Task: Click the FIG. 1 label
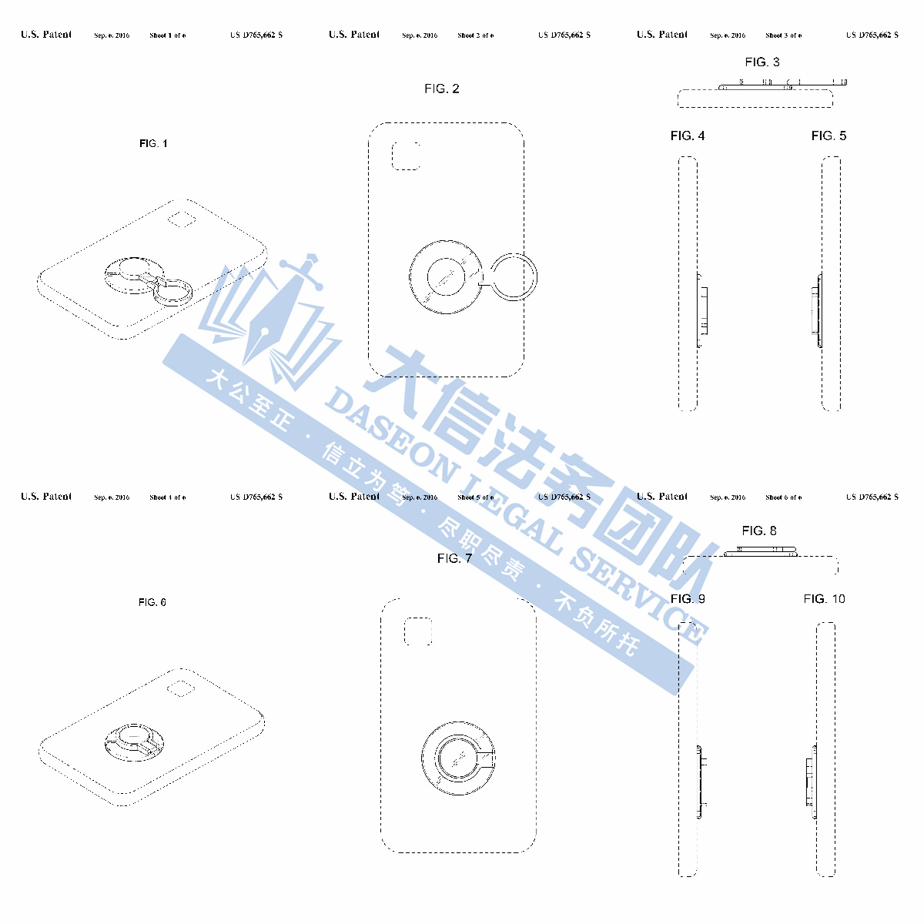[x=153, y=144]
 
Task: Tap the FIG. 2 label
[x=442, y=89]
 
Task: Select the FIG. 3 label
[x=762, y=62]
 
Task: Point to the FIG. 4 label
[x=688, y=136]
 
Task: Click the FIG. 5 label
[x=829, y=136]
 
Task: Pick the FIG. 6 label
[x=152, y=602]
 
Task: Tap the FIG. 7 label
[x=454, y=558]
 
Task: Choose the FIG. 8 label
[x=759, y=531]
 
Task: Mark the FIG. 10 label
[x=824, y=599]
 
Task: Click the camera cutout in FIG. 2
[x=406, y=156]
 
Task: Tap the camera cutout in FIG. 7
[x=419, y=631]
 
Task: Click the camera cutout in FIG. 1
[x=183, y=219]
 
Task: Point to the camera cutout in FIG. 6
[x=180, y=688]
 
